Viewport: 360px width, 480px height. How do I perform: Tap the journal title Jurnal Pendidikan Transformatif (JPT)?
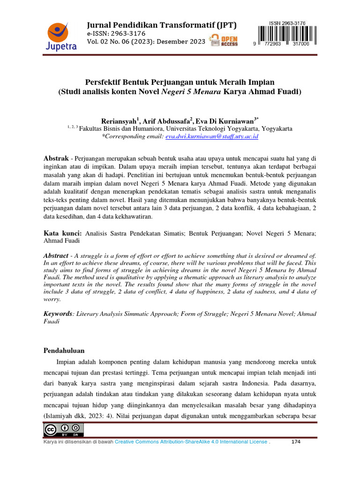[162, 25]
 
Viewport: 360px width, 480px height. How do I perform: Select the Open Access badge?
[224, 41]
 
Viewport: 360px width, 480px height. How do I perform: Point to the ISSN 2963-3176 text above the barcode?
[287, 22]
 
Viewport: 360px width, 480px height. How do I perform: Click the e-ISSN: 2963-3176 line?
[116, 34]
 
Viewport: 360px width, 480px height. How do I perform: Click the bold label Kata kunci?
[63, 232]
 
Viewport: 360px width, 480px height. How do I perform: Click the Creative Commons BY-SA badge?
[63, 429]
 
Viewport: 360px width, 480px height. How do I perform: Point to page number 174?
[296, 442]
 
